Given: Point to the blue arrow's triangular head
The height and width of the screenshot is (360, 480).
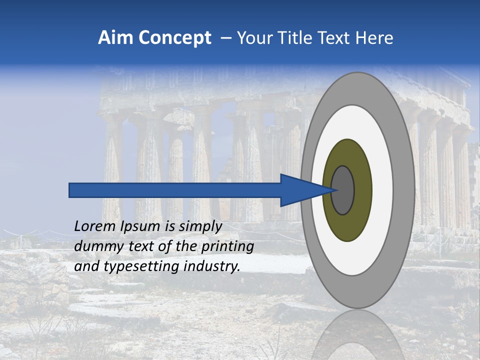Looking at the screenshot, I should click(300, 190).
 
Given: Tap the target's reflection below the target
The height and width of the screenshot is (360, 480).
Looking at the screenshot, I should click(357, 335).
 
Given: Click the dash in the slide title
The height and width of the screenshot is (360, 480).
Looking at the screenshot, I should click(225, 38).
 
